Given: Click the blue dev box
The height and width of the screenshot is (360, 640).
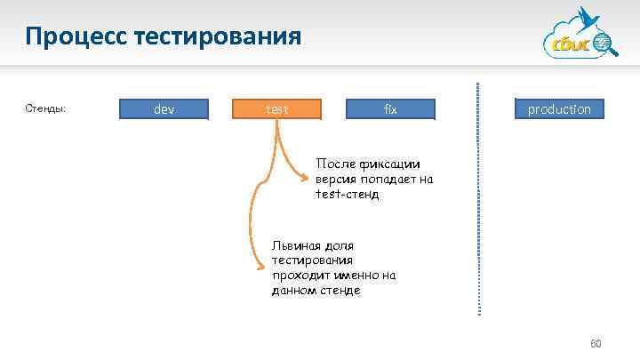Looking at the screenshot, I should click(x=164, y=109).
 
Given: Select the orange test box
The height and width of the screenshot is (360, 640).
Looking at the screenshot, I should click(x=276, y=109).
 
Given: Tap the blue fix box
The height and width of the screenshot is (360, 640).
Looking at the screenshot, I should click(x=390, y=109).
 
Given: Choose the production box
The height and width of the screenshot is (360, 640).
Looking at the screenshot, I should click(x=558, y=109).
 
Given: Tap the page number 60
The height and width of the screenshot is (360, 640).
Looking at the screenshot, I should click(x=596, y=343).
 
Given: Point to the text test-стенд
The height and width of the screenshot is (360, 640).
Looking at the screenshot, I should click(x=347, y=194).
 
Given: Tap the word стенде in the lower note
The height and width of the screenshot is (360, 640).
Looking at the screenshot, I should click(x=340, y=291).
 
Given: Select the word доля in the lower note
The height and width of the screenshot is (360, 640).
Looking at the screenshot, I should click(x=338, y=245).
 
